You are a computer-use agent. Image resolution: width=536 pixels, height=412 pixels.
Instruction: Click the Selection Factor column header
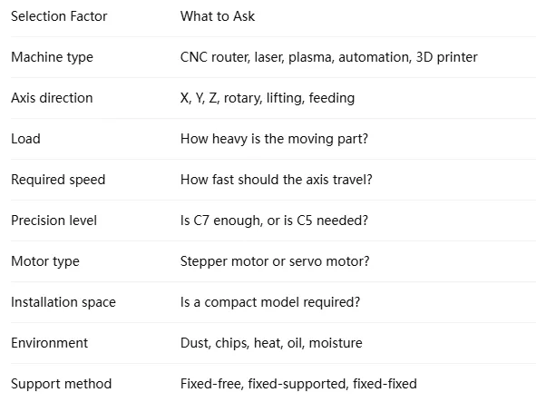click(59, 16)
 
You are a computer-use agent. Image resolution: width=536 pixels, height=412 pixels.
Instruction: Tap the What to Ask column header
click(218, 16)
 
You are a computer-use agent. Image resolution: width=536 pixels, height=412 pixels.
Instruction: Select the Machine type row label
click(52, 57)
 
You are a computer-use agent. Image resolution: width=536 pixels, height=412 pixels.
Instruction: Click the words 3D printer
click(446, 57)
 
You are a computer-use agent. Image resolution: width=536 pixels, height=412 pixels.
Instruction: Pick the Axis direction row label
click(52, 98)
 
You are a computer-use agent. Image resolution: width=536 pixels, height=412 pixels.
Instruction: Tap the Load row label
click(25, 139)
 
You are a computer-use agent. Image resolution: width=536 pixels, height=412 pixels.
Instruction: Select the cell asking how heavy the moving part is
click(274, 139)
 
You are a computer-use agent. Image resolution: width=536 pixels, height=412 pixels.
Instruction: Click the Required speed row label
click(58, 180)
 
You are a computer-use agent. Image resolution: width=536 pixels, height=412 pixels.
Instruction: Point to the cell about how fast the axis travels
click(277, 180)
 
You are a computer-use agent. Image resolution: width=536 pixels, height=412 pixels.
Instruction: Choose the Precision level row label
click(54, 221)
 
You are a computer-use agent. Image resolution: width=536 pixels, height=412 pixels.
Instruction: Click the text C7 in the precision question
click(201, 221)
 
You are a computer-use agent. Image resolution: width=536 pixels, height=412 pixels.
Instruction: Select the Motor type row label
click(45, 261)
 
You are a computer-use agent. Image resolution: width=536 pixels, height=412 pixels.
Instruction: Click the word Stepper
click(204, 261)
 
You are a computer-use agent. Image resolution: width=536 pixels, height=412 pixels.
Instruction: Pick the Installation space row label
click(63, 302)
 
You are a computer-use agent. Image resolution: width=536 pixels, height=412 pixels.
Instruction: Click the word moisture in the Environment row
click(336, 343)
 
